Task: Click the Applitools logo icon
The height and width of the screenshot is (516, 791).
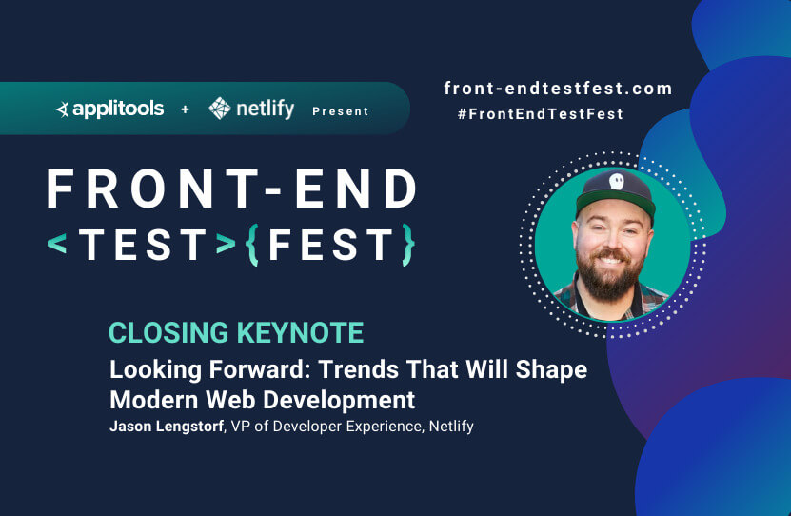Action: pyautogui.click(x=62, y=109)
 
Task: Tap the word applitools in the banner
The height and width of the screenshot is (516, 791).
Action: pyautogui.click(x=118, y=109)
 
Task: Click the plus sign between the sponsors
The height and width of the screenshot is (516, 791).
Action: pyautogui.click(x=186, y=109)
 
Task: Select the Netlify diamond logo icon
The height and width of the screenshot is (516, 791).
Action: pyautogui.click(x=220, y=109)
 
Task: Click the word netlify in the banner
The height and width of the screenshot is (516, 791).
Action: pyautogui.click(x=266, y=109)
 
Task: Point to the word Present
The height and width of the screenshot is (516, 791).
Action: pyautogui.click(x=341, y=111)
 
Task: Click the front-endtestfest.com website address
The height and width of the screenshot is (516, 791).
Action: pyautogui.click(x=558, y=89)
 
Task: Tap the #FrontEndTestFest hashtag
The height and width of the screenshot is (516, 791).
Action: pyautogui.click(x=541, y=114)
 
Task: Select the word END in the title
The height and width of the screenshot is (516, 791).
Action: pyautogui.click(x=356, y=189)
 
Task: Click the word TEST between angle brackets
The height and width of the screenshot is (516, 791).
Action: pyautogui.click(x=143, y=245)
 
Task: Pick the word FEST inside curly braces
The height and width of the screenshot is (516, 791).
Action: pyautogui.click(x=331, y=245)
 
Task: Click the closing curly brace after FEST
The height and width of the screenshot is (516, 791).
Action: pyautogui.click(x=408, y=245)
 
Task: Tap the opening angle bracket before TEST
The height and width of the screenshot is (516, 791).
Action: pyautogui.click(x=57, y=244)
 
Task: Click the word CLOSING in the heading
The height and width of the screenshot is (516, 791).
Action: pyautogui.click(x=169, y=333)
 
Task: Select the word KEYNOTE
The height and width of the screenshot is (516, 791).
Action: pyautogui.click(x=300, y=333)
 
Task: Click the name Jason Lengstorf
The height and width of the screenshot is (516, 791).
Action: pyautogui.click(x=167, y=427)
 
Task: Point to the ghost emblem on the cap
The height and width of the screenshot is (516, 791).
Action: pyautogui.click(x=616, y=181)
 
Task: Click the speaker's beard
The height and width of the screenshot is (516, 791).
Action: pyautogui.click(x=609, y=276)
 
